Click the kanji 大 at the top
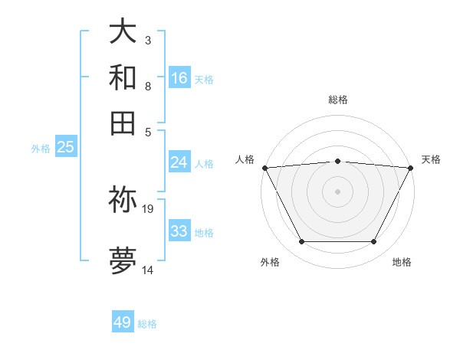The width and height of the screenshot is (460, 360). coord(123,32)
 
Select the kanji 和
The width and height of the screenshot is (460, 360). coord(123,78)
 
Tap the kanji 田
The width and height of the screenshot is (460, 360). coord(123,123)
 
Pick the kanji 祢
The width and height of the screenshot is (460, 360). coord(123,200)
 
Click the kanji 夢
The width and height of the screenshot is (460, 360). coord(123,260)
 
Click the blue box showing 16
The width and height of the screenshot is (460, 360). coord(179,78)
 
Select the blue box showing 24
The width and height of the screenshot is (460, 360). coord(179,162)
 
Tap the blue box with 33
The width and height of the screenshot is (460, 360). coord(179,231)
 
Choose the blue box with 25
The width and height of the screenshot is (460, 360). coord(65,147)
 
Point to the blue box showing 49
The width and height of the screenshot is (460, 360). coord(123,322)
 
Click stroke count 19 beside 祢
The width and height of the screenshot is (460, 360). coord(148,208)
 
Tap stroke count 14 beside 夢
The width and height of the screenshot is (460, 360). coord(148,270)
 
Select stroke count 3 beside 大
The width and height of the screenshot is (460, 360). coord(148,40)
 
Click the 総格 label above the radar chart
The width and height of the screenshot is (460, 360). coord(338,100)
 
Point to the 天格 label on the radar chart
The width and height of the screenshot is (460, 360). coord(431,159)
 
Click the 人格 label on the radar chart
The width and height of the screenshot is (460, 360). coord(245,159)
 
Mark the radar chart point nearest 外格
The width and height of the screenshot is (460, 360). coord(301,242)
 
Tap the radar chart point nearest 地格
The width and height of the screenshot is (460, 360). coord(374,242)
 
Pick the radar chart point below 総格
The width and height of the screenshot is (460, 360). coord(338,161)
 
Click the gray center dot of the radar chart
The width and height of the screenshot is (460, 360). coord(338,191)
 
